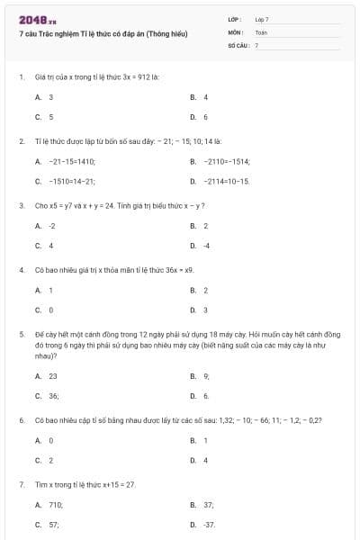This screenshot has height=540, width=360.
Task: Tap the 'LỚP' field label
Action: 235,18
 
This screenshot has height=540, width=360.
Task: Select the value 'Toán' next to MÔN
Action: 261,31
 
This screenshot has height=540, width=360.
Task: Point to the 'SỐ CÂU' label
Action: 238,44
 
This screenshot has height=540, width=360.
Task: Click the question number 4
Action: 21,269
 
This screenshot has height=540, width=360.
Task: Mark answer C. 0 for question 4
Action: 44,310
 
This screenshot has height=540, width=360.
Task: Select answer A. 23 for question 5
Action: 47,376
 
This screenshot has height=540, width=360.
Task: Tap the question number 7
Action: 21,484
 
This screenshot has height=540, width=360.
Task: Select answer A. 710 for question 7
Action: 49,505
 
